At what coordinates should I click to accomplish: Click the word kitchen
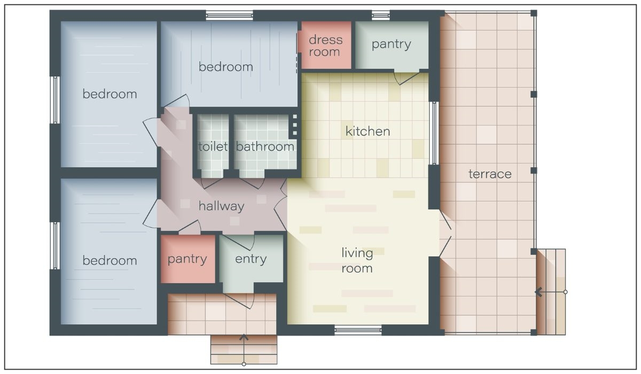[368, 131]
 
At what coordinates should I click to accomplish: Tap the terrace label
[490, 174]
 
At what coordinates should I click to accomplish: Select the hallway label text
[222, 206]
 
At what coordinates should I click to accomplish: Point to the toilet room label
[213, 146]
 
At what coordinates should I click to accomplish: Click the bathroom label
[265, 146]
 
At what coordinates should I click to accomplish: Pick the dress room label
[325, 46]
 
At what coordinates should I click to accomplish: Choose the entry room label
[251, 259]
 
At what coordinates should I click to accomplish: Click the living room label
[357, 261]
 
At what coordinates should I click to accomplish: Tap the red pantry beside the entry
[187, 259]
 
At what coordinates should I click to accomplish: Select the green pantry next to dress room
[392, 45]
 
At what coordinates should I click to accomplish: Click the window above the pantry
[380, 15]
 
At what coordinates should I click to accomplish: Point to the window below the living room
[358, 330]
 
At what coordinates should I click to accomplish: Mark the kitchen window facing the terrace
[434, 133]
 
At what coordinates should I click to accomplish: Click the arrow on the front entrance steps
[244, 349]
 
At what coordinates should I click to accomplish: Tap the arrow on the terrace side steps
[551, 292]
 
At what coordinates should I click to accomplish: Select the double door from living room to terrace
[445, 232]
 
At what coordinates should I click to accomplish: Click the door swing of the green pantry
[407, 77]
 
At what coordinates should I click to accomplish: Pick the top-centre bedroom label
[226, 67]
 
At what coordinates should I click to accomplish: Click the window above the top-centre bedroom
[230, 15]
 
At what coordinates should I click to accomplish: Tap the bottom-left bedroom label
[110, 261]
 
